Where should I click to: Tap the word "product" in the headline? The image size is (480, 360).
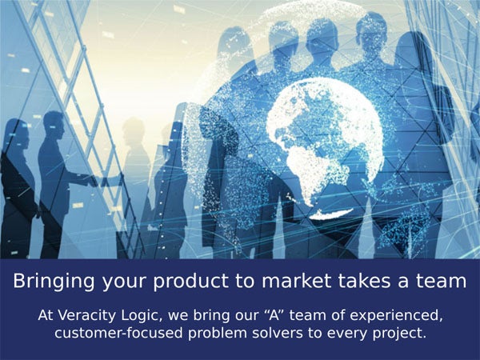click(190, 281)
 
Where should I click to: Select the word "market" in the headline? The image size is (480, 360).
click(297, 280)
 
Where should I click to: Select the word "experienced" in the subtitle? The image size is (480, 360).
click(396, 316)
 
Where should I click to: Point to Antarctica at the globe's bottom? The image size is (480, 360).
click(331, 214)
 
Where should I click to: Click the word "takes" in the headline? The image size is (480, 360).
click(365, 280)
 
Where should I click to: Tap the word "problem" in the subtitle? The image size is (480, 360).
click(218, 334)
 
